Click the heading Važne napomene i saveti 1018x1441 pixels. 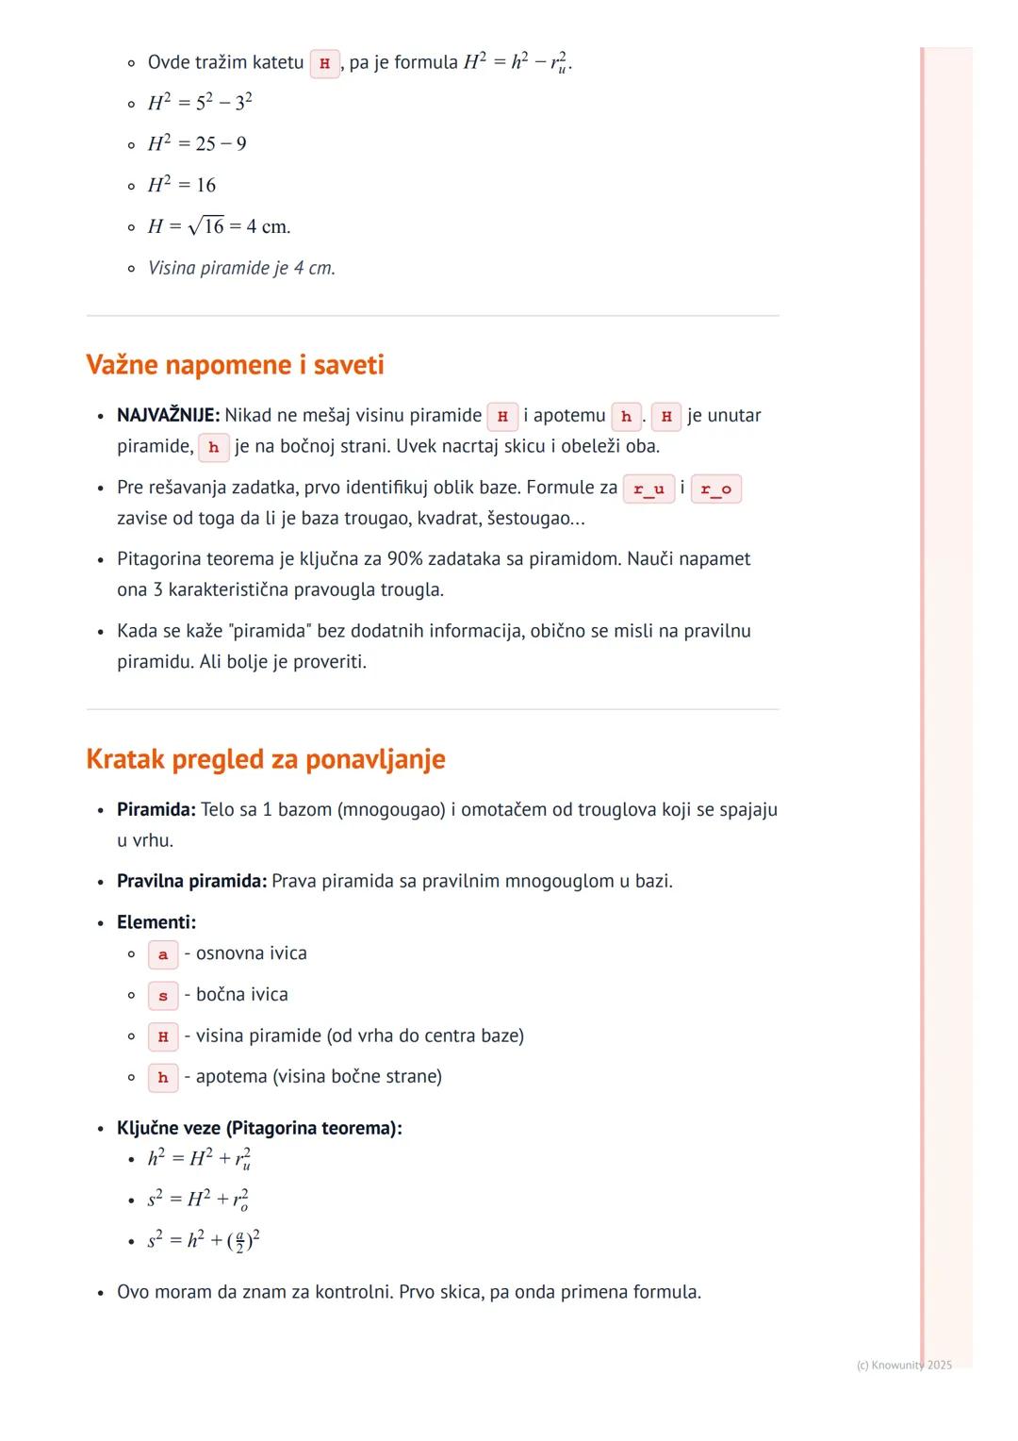pos(235,365)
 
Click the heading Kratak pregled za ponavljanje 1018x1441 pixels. pos(265,759)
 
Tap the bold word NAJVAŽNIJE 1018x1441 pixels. pos(168,415)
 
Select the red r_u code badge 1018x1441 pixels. pos(649,489)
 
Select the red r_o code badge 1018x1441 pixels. pos(715,489)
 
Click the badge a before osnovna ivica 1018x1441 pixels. pos(163,954)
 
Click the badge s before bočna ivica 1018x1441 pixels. pos(163,996)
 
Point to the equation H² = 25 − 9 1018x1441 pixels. pos(197,143)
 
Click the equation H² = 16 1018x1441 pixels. pos(182,185)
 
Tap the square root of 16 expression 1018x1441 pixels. pos(206,226)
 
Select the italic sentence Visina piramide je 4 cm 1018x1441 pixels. pos(241,268)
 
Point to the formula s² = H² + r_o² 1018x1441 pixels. pos(198,1200)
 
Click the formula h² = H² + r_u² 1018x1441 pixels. pos(199,1158)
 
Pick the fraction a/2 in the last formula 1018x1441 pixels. pos(239,1240)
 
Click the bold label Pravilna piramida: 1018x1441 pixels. pos(191,881)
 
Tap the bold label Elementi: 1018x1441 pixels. pos(156,922)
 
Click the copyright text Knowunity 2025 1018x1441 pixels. pos(904,1365)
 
